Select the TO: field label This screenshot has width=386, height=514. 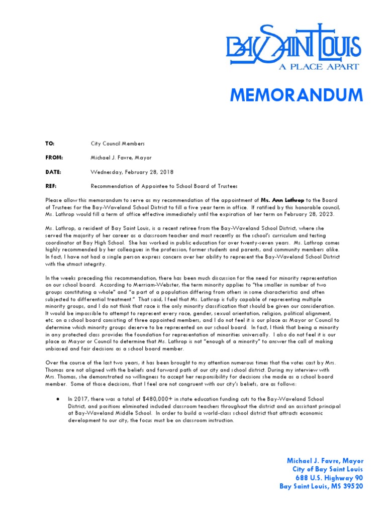click(50, 144)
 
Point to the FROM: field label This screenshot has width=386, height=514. click(53, 158)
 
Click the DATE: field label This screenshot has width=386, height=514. click(53, 172)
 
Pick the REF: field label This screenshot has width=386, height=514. click(50, 186)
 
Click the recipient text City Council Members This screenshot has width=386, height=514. click(118, 144)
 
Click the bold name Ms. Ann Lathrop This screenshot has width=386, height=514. click(282, 200)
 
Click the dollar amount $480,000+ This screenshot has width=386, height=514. click(153, 399)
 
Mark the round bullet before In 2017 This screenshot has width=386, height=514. click(59, 399)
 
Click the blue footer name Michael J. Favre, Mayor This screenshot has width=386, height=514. click(325, 461)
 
